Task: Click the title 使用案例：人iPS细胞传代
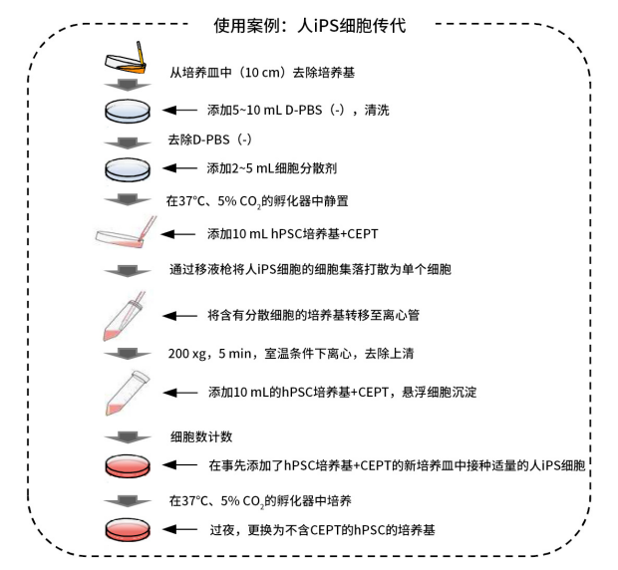[308, 24]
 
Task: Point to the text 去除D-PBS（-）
[210, 141]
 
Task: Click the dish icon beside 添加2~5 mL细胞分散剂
[127, 168]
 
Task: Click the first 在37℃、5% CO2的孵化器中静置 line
[258, 200]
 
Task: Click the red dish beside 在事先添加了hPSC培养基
[127, 465]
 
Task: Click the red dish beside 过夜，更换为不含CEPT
[127, 529]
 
